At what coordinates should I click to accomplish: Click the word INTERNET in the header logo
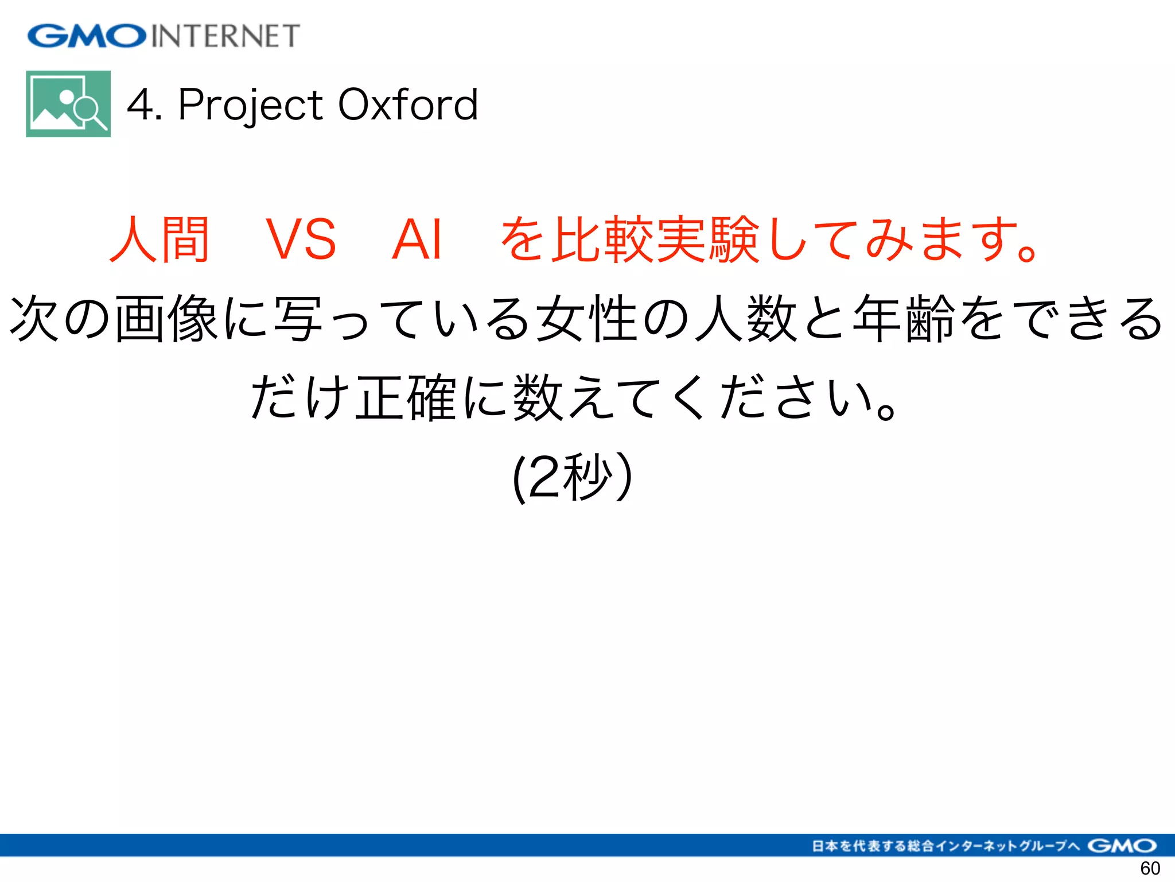(x=225, y=36)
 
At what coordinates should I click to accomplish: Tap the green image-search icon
(x=68, y=104)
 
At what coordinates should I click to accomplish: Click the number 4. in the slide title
(x=143, y=105)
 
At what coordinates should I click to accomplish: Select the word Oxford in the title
(x=408, y=105)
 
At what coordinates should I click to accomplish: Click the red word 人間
(x=159, y=239)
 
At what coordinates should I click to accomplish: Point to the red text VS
(x=301, y=239)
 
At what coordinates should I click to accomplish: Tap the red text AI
(x=417, y=239)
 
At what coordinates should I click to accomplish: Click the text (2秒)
(x=573, y=477)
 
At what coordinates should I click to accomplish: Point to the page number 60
(x=1150, y=868)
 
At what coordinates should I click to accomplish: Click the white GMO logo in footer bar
(x=1122, y=845)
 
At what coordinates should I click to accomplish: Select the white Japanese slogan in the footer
(x=946, y=845)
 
